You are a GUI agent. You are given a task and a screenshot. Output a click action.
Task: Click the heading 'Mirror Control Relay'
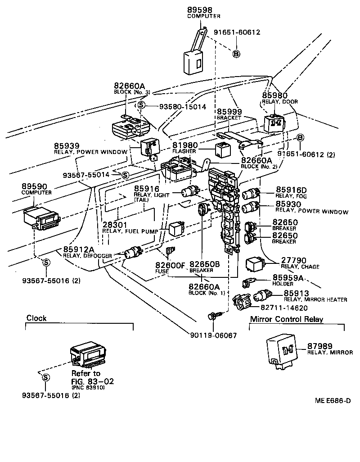coord(287,319)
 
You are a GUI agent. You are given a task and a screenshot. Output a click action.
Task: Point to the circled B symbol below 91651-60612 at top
coord(236,54)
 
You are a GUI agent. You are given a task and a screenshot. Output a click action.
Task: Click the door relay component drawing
coord(274,123)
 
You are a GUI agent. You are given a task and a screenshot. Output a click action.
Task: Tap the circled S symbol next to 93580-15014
coord(141,104)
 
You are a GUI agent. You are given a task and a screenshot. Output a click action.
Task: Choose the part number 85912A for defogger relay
coord(79,249)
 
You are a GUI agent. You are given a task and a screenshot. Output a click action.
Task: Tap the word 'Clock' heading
coord(36,318)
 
